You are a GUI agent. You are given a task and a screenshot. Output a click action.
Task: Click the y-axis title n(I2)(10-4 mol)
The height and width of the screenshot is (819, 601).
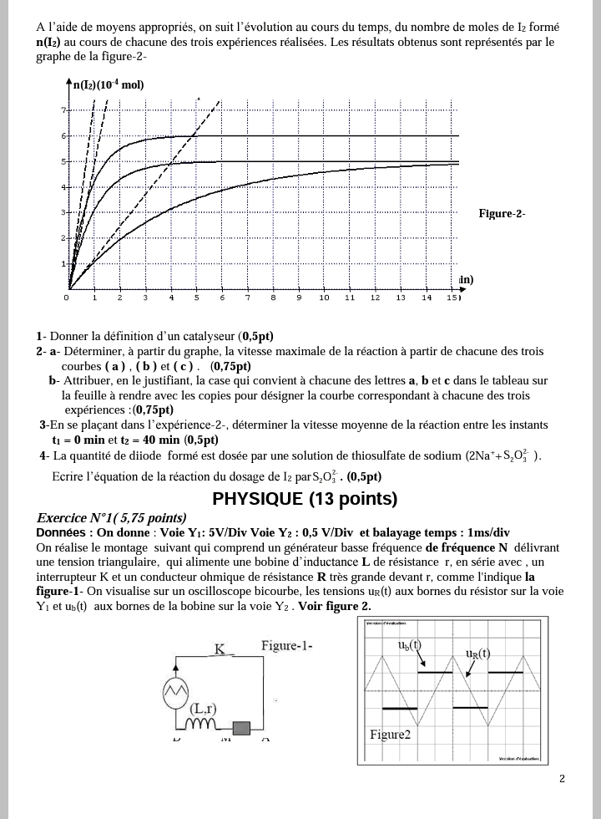click(109, 84)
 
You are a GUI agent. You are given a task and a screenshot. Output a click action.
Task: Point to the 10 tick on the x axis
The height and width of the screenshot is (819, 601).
click(324, 298)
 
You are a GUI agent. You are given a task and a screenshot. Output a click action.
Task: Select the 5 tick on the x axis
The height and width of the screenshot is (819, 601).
click(197, 298)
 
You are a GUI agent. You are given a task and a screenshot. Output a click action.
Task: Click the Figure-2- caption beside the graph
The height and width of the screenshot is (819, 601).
click(501, 214)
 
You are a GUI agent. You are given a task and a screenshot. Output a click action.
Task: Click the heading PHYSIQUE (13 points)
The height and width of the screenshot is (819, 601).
click(305, 499)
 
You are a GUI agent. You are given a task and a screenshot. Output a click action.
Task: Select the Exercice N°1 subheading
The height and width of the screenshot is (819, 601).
click(111, 518)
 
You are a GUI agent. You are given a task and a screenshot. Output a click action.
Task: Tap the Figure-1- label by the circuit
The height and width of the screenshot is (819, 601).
click(286, 645)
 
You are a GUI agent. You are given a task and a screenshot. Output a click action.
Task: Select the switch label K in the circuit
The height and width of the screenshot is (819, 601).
click(220, 649)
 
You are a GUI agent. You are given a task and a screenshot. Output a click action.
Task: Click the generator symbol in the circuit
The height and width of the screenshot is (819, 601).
click(176, 691)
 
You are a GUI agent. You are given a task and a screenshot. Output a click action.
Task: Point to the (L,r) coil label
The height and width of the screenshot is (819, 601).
click(204, 709)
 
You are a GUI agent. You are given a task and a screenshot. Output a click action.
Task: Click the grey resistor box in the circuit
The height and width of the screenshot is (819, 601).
click(244, 727)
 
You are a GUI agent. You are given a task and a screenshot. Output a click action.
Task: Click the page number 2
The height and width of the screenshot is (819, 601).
click(562, 779)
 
